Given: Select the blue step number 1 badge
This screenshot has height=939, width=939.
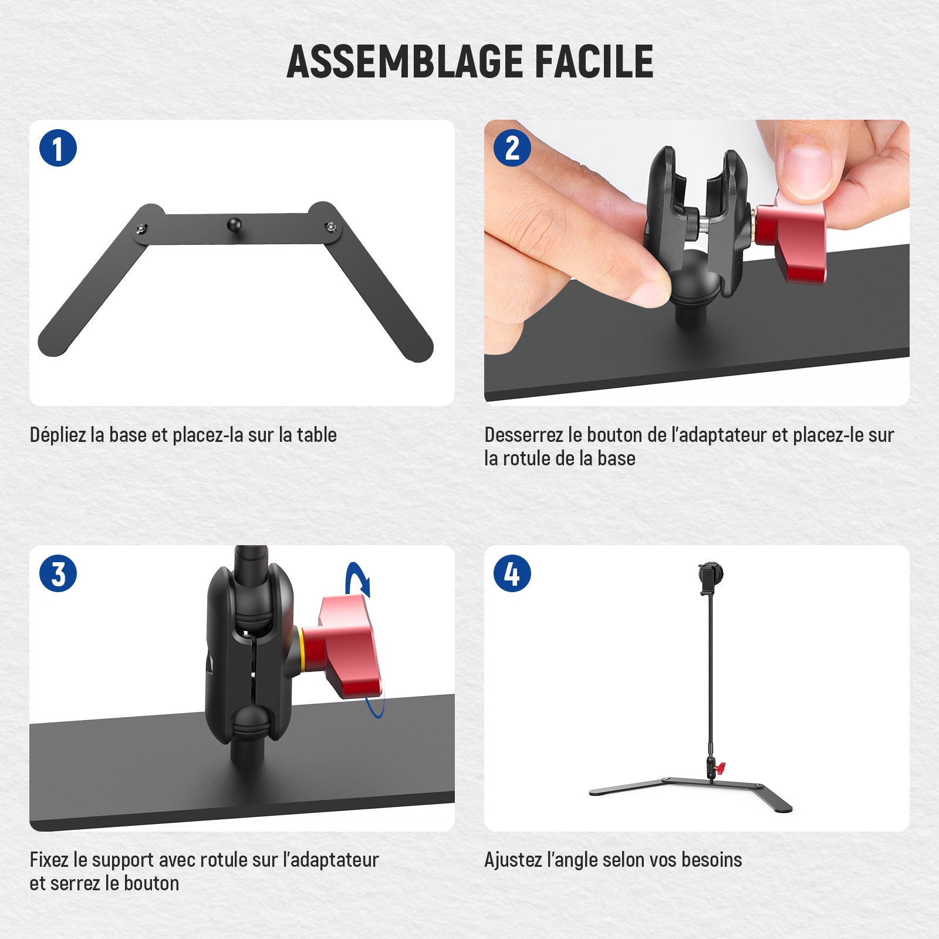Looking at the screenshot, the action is point(58,148).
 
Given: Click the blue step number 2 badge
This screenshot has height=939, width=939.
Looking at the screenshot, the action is point(512,148).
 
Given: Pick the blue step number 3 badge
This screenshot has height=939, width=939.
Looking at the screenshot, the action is point(58,573).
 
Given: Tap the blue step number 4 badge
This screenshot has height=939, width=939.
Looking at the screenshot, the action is point(512,573).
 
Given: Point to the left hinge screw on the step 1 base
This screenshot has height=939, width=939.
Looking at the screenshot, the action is point(141,229).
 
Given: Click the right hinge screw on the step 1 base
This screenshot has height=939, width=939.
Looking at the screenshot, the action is point(332,227).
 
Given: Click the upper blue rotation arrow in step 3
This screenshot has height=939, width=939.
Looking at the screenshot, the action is point(358,580).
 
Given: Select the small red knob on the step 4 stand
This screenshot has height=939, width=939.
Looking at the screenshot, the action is point(721,766).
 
